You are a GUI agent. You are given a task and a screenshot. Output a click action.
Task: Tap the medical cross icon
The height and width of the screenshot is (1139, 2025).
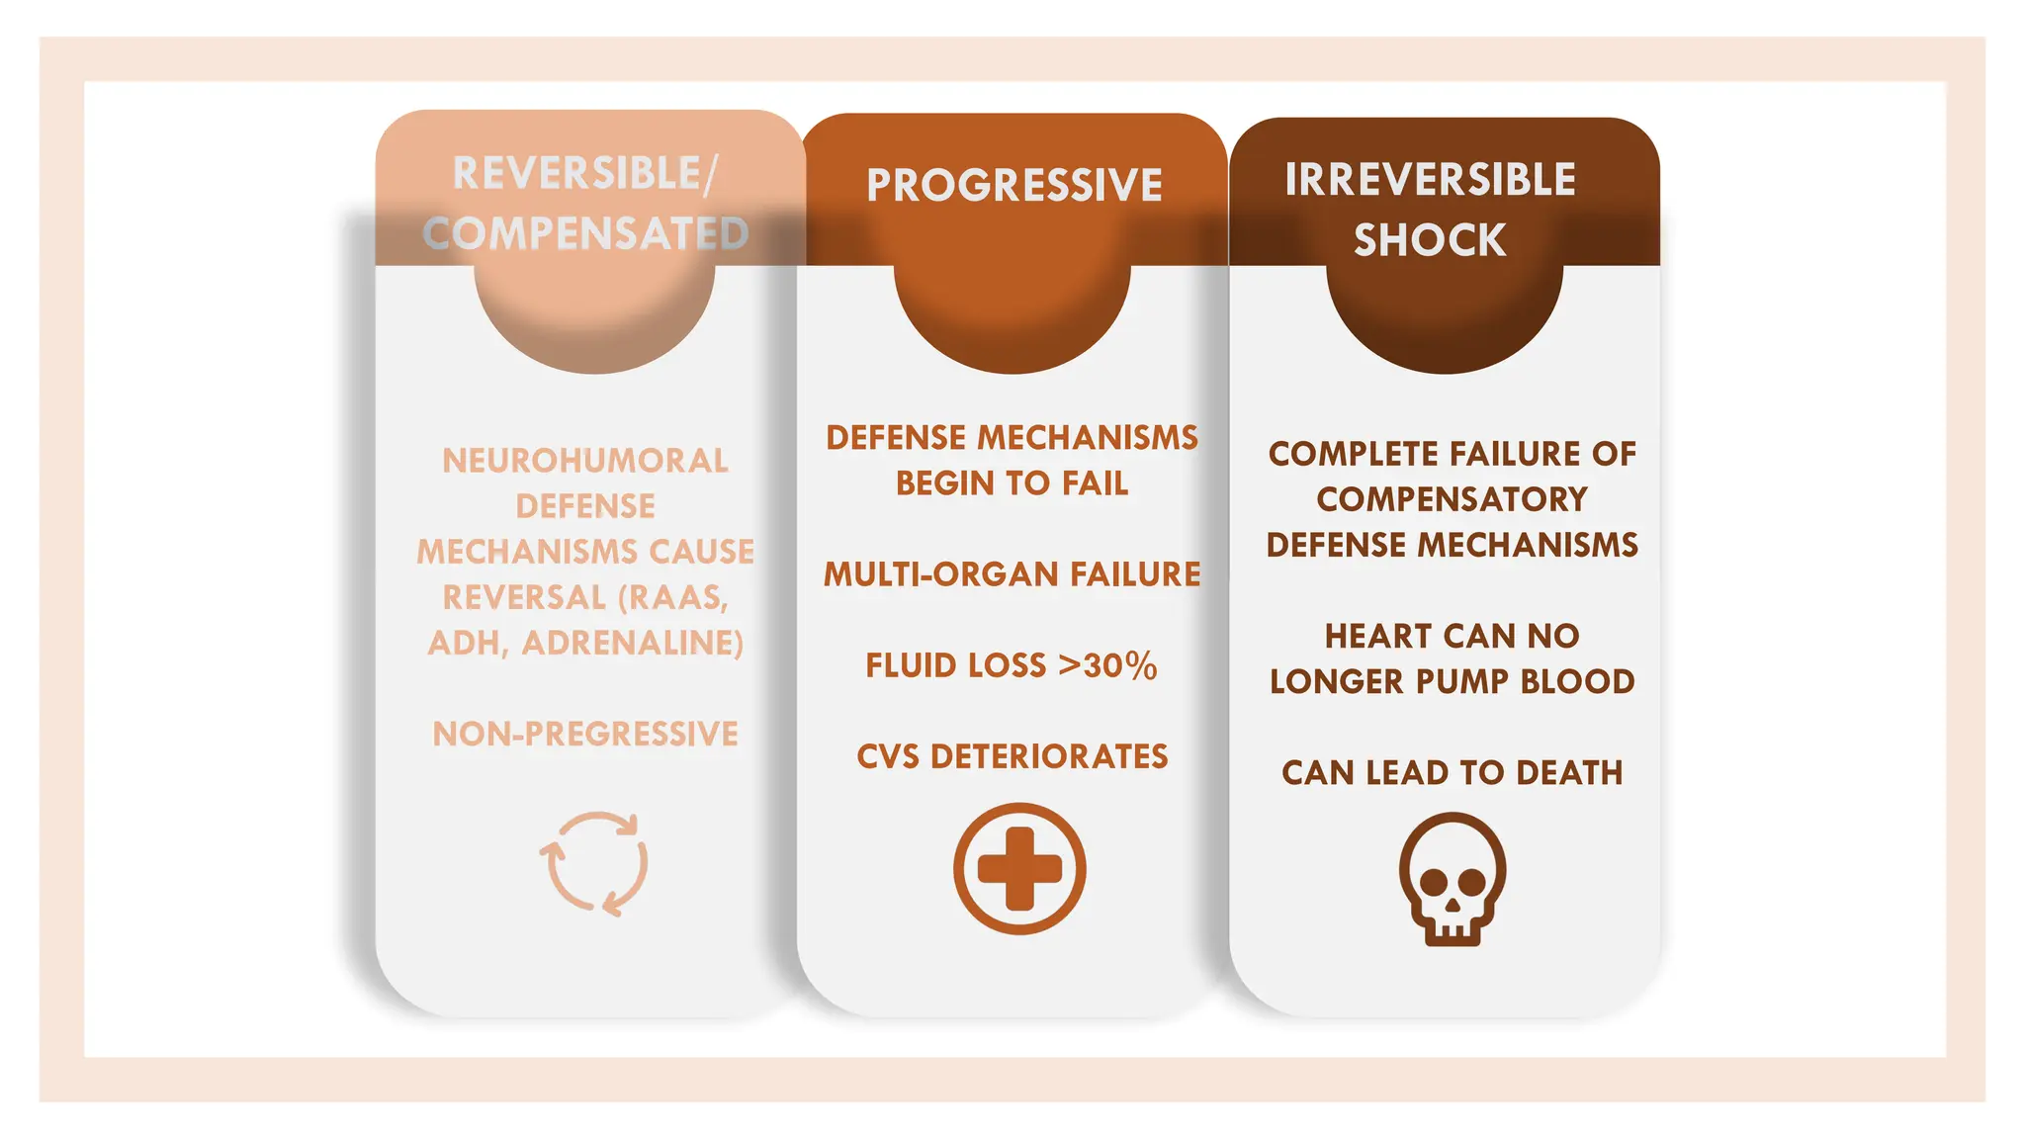pyautogui.click(x=1019, y=868)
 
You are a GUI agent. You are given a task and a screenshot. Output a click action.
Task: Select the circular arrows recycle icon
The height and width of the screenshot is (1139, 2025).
pyautogui.click(x=594, y=863)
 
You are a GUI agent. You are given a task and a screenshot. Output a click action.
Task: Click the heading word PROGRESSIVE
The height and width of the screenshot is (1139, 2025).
pyautogui.click(x=1014, y=186)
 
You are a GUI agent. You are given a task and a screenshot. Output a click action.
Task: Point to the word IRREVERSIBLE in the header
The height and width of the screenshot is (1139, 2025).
pyautogui.click(x=1430, y=180)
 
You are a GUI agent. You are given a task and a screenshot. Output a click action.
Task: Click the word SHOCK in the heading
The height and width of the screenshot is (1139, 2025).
pyautogui.click(x=1430, y=240)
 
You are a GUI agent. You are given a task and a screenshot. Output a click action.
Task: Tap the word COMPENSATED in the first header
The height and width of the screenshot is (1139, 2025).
pyautogui.click(x=585, y=234)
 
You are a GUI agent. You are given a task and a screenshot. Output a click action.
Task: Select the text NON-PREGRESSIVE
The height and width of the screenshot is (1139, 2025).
pyautogui.click(x=585, y=734)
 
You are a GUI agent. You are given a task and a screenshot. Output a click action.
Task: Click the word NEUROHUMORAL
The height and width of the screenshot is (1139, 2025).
pyautogui.click(x=585, y=461)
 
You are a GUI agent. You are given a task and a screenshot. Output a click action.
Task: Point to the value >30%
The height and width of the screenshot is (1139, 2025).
pyautogui.click(x=1107, y=665)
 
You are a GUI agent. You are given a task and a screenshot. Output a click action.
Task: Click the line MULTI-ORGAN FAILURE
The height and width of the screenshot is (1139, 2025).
pyautogui.click(x=1012, y=574)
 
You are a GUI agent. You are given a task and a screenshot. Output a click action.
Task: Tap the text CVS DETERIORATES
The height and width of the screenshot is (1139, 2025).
pyautogui.click(x=1012, y=756)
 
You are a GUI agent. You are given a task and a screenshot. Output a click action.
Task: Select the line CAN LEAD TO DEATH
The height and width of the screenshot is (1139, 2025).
pyautogui.click(x=1452, y=772)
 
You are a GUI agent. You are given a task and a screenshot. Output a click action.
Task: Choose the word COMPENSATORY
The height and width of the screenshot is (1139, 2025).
pyautogui.click(x=1452, y=499)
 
